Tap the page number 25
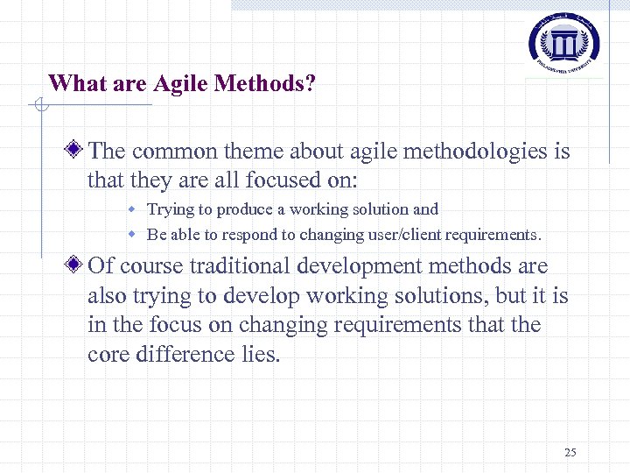570,453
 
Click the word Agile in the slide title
183,83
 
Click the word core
108,355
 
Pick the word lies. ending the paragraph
259,355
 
